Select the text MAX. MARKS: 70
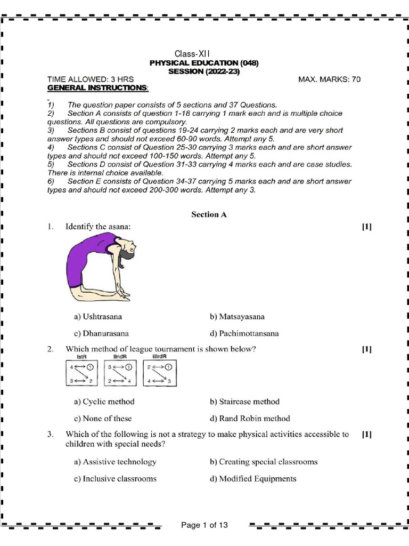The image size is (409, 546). click(x=329, y=79)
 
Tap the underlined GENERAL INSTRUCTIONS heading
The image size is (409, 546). click(x=98, y=87)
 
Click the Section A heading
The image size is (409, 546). click(x=209, y=214)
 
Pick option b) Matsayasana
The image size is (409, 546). click(x=237, y=317)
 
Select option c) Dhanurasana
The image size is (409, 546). click(x=101, y=334)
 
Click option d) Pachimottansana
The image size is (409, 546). click(x=244, y=334)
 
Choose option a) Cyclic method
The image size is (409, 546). click(x=104, y=402)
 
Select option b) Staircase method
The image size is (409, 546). click(x=244, y=402)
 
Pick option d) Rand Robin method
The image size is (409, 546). click(x=250, y=419)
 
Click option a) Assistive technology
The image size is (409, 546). click(x=115, y=462)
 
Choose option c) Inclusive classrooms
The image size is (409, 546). click(x=115, y=479)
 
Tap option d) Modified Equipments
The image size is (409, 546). click(x=253, y=479)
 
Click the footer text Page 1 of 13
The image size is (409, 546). click(x=204, y=525)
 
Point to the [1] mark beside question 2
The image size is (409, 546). click(x=366, y=349)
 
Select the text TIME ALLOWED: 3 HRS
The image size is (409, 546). click(x=91, y=79)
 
